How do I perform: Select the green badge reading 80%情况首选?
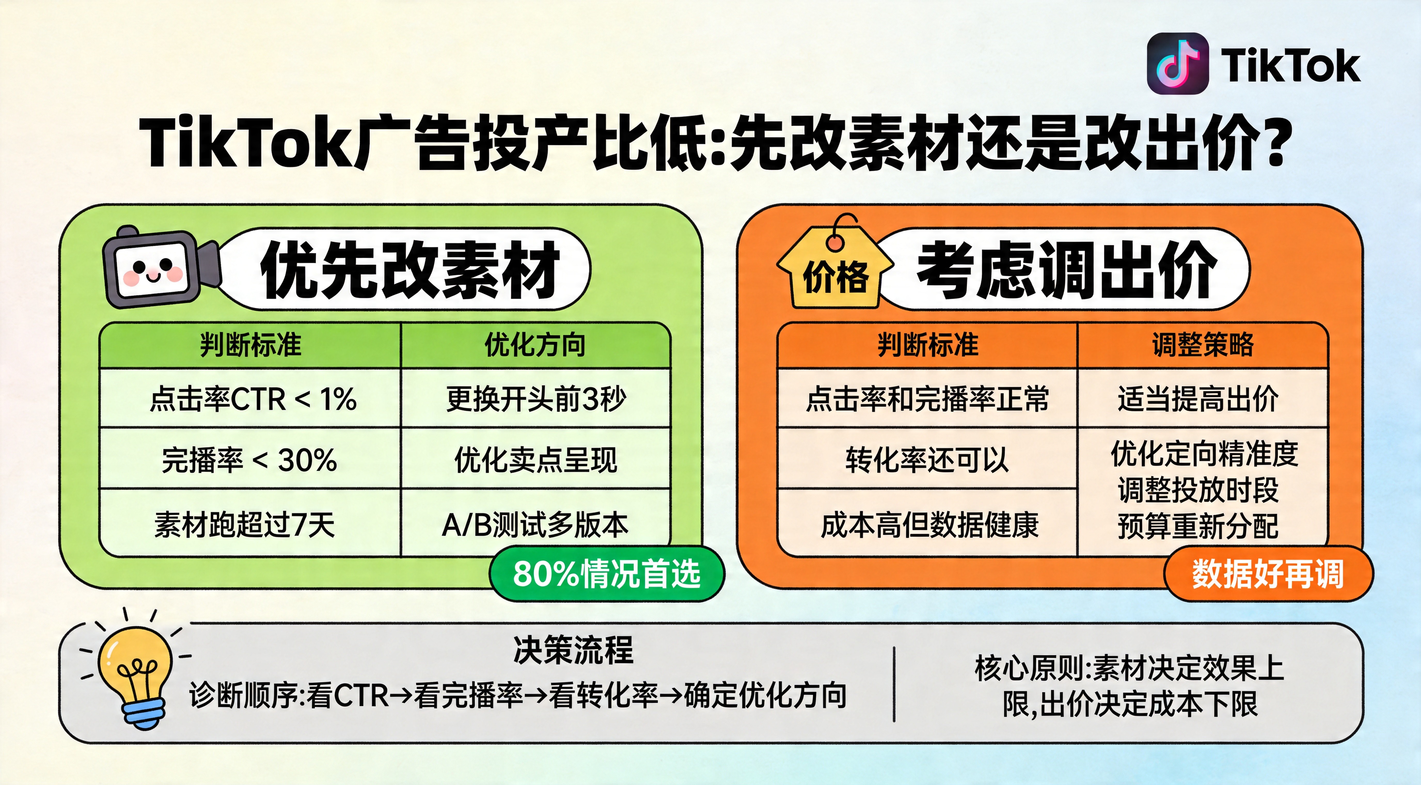pyautogui.click(x=607, y=574)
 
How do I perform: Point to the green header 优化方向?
pyautogui.click(x=535, y=345)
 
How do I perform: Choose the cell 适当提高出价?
pyautogui.click(x=1198, y=398)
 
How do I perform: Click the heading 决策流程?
pyautogui.click(x=574, y=650)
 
